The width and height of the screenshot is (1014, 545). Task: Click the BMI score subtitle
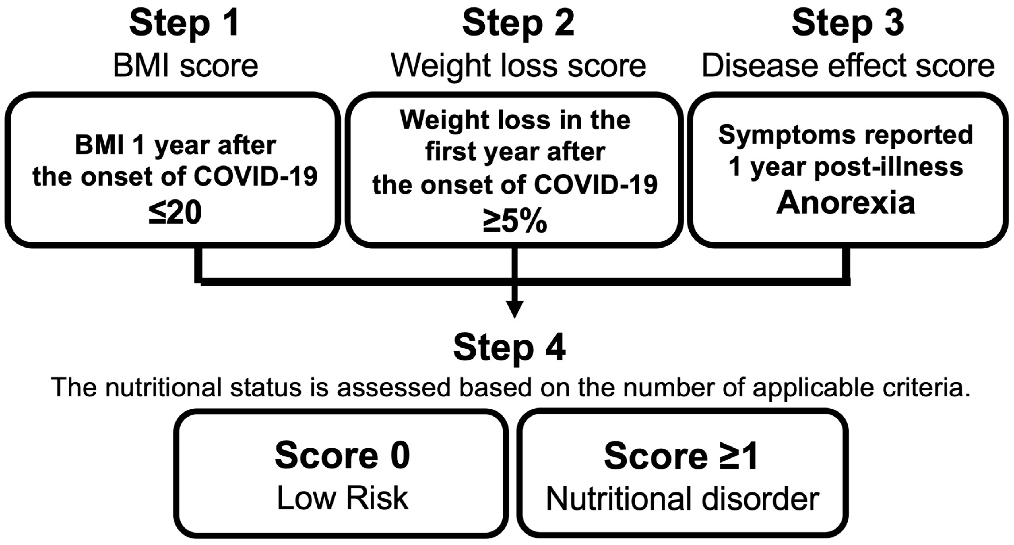(185, 66)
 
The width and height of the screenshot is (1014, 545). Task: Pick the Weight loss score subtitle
(518, 66)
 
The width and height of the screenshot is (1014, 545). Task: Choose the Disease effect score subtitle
(848, 66)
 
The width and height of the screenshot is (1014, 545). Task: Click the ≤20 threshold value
(175, 213)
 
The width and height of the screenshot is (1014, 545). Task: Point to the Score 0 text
(342, 456)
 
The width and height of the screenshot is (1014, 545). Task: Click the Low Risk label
(342, 498)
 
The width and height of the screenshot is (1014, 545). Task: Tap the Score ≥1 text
(681, 456)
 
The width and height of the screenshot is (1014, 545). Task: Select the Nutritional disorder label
(683, 499)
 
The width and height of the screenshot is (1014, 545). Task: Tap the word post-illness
(888, 167)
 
